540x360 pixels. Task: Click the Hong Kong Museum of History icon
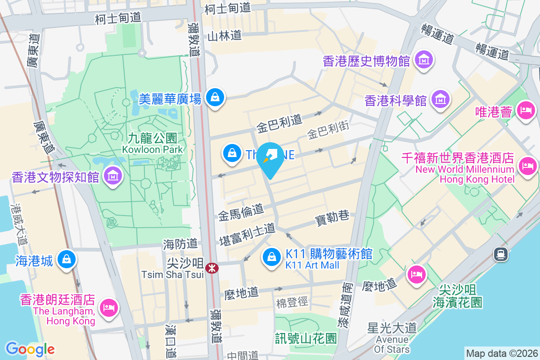pos(424,60)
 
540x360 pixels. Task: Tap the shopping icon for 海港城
pos(67,259)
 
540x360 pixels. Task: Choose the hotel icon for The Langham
pos(108,308)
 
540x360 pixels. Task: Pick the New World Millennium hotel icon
pos(527,166)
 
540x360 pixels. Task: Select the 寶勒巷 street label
pos(332,217)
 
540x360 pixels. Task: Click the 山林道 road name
pos(225,36)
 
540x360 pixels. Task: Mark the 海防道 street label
pos(180,244)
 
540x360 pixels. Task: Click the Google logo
pos(30,349)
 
